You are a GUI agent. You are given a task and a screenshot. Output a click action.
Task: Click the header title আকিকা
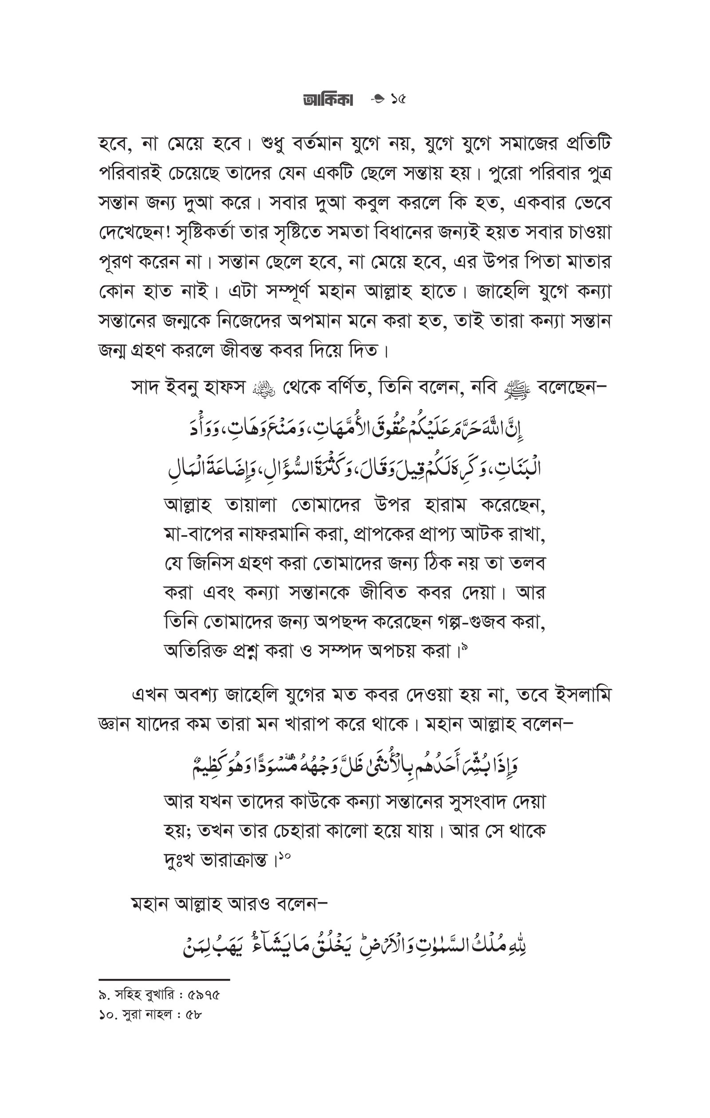pos(327,99)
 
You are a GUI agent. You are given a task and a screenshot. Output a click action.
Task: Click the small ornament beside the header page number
pos(378,99)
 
